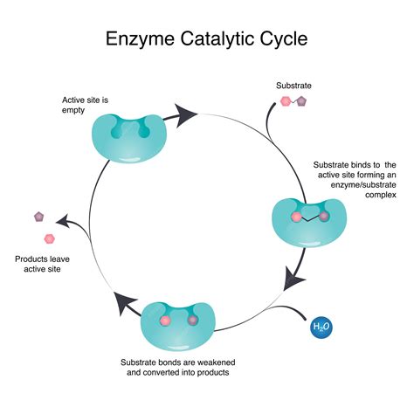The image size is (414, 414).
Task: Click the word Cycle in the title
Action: (x=279, y=39)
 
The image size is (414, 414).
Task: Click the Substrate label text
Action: (x=293, y=86)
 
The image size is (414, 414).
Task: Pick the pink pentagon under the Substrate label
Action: (x=285, y=101)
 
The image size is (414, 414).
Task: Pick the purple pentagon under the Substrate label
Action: (x=301, y=101)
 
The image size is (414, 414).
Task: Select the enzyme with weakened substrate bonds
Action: (x=176, y=324)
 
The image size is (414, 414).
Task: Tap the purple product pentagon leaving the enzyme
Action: (x=38, y=216)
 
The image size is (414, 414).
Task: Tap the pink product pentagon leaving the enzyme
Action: (x=49, y=238)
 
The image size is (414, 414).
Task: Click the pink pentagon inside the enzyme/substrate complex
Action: (x=296, y=215)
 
